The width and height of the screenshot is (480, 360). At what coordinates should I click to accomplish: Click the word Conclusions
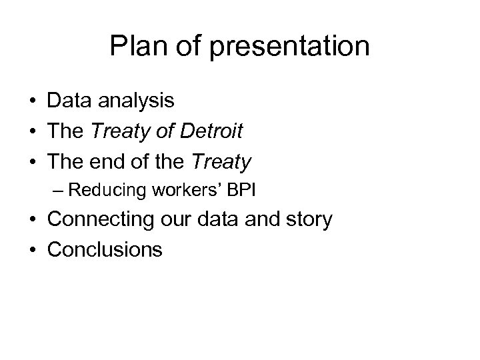point(105,249)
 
